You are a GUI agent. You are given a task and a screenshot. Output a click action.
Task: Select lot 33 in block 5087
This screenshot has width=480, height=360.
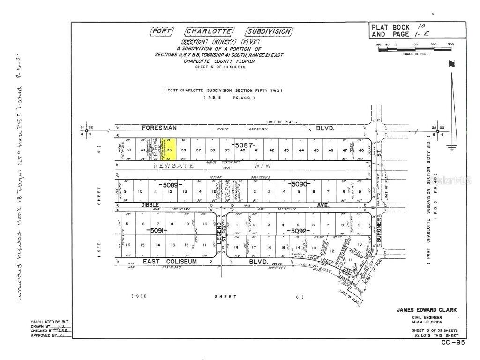(x=128, y=150)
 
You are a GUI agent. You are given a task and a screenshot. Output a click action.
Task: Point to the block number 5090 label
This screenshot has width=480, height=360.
(x=300, y=184)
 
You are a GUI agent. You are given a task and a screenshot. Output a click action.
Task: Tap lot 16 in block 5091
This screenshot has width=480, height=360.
(x=128, y=245)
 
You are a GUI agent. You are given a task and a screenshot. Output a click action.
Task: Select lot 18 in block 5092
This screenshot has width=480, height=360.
(x=236, y=247)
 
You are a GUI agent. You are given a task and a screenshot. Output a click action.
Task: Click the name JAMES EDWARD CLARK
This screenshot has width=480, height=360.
(x=426, y=310)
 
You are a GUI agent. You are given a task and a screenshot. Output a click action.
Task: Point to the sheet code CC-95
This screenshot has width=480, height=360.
(x=453, y=342)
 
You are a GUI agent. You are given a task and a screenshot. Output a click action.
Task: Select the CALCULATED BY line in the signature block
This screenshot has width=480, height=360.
(x=50, y=321)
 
